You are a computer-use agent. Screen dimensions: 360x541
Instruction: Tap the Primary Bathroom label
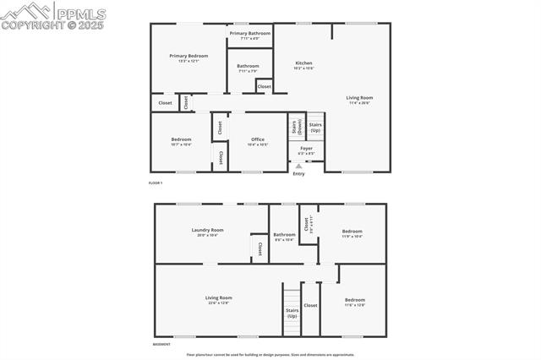249,35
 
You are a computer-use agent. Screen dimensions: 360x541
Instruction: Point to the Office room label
258,141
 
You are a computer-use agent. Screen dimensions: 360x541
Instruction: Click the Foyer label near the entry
306,150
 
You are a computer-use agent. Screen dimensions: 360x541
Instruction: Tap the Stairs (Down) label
295,128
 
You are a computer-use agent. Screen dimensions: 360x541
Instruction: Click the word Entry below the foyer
298,174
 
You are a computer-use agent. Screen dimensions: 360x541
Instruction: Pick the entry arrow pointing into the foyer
298,166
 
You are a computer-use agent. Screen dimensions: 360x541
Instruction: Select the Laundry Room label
207,231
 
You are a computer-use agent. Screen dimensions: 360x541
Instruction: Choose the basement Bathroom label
284,236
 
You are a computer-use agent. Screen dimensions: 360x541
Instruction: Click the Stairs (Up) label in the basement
292,312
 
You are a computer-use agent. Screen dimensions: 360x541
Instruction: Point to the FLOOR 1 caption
155,183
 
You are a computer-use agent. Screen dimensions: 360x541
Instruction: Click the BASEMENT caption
161,344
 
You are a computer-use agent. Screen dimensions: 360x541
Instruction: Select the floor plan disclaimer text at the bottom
270,355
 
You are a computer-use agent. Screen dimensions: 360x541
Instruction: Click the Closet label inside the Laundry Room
260,248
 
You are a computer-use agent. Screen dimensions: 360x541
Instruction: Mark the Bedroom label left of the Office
181,141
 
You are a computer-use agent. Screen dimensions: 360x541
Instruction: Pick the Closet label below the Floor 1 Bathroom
264,86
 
